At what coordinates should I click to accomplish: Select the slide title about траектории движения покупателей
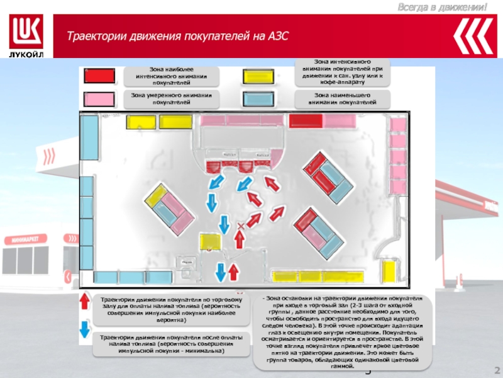point(178,37)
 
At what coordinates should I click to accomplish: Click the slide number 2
point(496,370)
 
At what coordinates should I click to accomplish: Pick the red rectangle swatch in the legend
point(99,75)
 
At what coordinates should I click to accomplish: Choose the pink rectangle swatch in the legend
point(99,99)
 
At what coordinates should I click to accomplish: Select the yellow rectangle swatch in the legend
point(258,74)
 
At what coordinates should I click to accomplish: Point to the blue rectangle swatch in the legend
point(258,98)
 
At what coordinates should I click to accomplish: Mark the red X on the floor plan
point(240,226)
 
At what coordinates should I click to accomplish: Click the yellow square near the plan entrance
point(209,242)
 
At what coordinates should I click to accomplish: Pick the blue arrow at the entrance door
point(221,272)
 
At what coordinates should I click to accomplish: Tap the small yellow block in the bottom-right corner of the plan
point(390,272)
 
